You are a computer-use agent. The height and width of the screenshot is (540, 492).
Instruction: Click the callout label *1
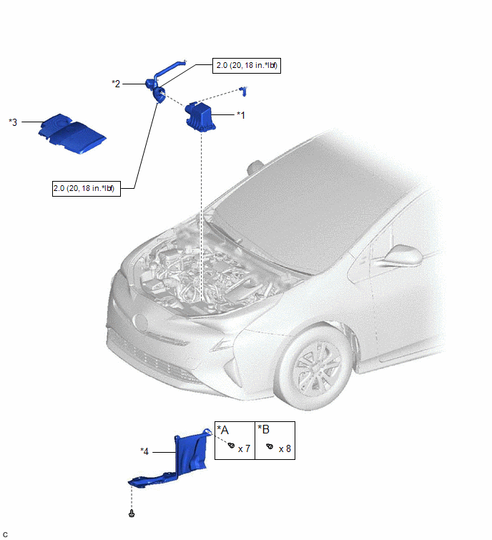tap(241, 115)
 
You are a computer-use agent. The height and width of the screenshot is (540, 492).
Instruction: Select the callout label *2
tap(116, 84)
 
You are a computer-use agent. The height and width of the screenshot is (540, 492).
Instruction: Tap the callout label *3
tap(13, 122)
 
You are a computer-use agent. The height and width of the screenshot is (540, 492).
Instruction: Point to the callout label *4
tap(144, 451)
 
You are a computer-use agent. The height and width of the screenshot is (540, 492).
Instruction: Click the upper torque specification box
tap(247, 65)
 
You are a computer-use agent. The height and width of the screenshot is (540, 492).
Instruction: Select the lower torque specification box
tap(87, 188)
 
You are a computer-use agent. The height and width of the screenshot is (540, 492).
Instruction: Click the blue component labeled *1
tap(200, 117)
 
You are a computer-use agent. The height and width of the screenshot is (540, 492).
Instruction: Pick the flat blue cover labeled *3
tap(72, 134)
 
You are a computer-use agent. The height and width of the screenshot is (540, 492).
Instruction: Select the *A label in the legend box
tap(223, 430)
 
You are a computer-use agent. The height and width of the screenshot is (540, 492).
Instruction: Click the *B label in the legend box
tap(264, 429)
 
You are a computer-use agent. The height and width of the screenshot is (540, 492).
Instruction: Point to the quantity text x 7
tap(244, 448)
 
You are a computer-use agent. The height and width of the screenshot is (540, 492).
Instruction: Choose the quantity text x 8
tap(285, 448)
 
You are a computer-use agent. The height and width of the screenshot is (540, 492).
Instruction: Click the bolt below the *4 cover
tap(132, 514)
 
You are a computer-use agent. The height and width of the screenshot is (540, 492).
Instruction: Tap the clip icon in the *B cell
tap(270, 446)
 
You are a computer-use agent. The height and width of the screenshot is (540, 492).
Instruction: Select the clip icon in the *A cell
tap(232, 446)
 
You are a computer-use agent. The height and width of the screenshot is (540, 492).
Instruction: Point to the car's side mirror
tap(403, 255)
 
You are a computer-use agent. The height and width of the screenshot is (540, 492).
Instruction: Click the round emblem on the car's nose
tap(141, 323)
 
